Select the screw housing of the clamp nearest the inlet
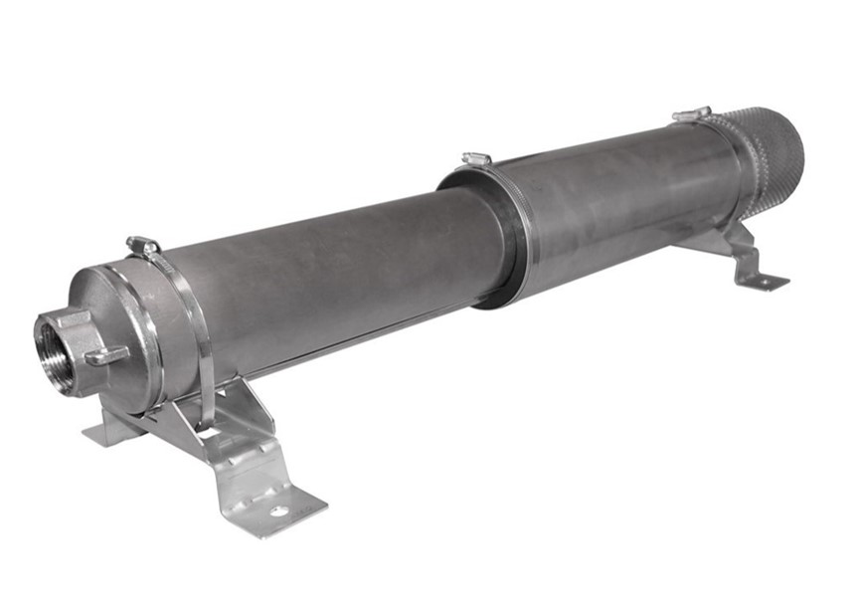coord(144,244)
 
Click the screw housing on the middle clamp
coord(477,158)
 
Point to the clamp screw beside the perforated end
coord(691,114)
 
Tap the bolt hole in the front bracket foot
coord(280,511)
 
